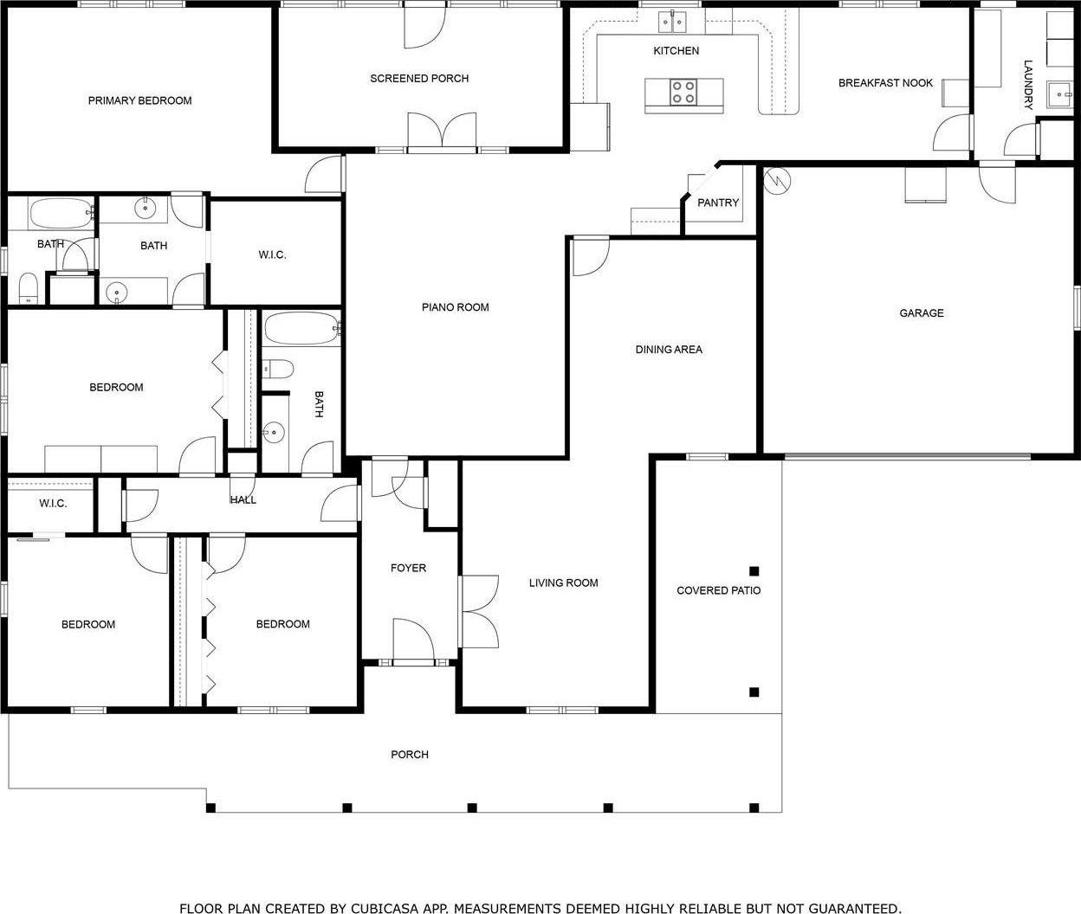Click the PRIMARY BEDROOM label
(139, 100)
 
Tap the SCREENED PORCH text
(419, 79)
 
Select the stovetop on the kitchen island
(683, 93)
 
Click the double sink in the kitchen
(672, 23)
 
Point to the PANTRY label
(718, 203)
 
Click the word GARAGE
(922, 313)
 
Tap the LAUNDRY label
(1028, 85)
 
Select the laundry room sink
(1059, 94)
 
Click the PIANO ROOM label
(456, 307)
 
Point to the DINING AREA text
(669, 350)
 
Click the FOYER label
(409, 568)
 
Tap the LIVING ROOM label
(564, 583)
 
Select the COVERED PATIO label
(719, 590)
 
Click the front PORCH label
(410, 755)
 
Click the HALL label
(243, 500)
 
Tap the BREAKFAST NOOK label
(885, 83)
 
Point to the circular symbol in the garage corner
(777, 182)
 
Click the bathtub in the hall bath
(302, 328)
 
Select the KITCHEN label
(676, 51)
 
